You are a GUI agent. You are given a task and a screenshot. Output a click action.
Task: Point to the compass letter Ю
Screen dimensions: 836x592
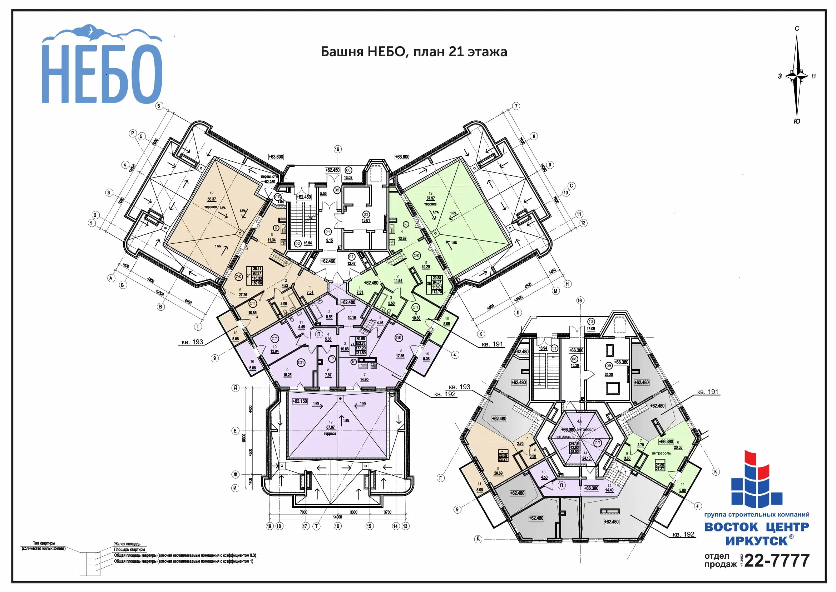point(797,122)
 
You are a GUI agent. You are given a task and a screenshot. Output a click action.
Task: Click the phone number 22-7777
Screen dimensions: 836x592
point(777,560)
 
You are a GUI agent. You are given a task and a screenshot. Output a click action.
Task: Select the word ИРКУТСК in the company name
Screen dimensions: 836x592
point(757,540)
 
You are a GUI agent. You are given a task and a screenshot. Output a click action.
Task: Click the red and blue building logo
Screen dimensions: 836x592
point(756,480)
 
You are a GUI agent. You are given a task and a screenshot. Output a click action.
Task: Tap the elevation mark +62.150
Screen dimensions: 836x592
point(300,401)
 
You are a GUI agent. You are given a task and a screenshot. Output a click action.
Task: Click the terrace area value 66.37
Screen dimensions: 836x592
point(212,199)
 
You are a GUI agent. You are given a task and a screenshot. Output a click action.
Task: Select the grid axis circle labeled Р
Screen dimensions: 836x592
point(133,133)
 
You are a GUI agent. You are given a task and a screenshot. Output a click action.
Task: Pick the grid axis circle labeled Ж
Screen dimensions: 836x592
point(235,474)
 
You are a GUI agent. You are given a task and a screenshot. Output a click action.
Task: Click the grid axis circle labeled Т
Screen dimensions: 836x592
point(317,526)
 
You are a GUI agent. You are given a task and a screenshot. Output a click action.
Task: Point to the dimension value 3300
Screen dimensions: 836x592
point(353,512)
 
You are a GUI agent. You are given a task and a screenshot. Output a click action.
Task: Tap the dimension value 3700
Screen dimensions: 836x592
point(387,512)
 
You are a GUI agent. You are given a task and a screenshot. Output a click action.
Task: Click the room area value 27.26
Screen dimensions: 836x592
point(243,295)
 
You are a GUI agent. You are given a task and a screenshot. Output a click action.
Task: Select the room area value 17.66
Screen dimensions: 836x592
point(400,356)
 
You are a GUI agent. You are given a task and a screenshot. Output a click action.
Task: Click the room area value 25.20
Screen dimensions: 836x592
point(609,375)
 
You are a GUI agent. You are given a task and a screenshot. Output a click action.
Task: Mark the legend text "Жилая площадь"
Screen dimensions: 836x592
point(127,544)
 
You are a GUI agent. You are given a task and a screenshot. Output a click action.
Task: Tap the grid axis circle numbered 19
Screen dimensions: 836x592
point(269,526)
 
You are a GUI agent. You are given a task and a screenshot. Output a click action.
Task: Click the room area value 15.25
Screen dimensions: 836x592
point(287,375)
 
